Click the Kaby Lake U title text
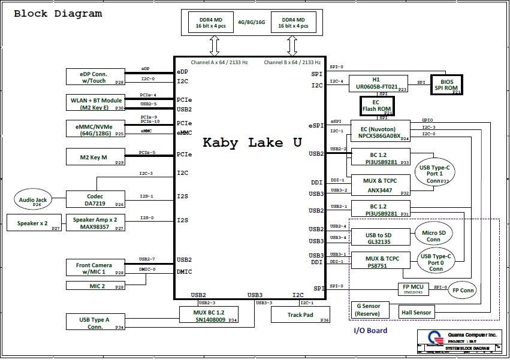[252, 143]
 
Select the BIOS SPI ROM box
[447, 85]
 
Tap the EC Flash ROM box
[376, 106]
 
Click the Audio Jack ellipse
[33, 199]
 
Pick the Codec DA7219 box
[95, 200]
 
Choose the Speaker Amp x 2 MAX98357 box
[95, 223]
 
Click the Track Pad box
[300, 314]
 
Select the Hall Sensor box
[417, 312]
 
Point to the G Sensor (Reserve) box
[369, 310]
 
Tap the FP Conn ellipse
[463, 291]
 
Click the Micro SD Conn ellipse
[433, 235]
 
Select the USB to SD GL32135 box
[379, 238]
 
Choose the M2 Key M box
[95, 158]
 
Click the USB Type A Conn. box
[95, 323]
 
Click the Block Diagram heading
[58, 13]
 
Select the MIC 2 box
[95, 286]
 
